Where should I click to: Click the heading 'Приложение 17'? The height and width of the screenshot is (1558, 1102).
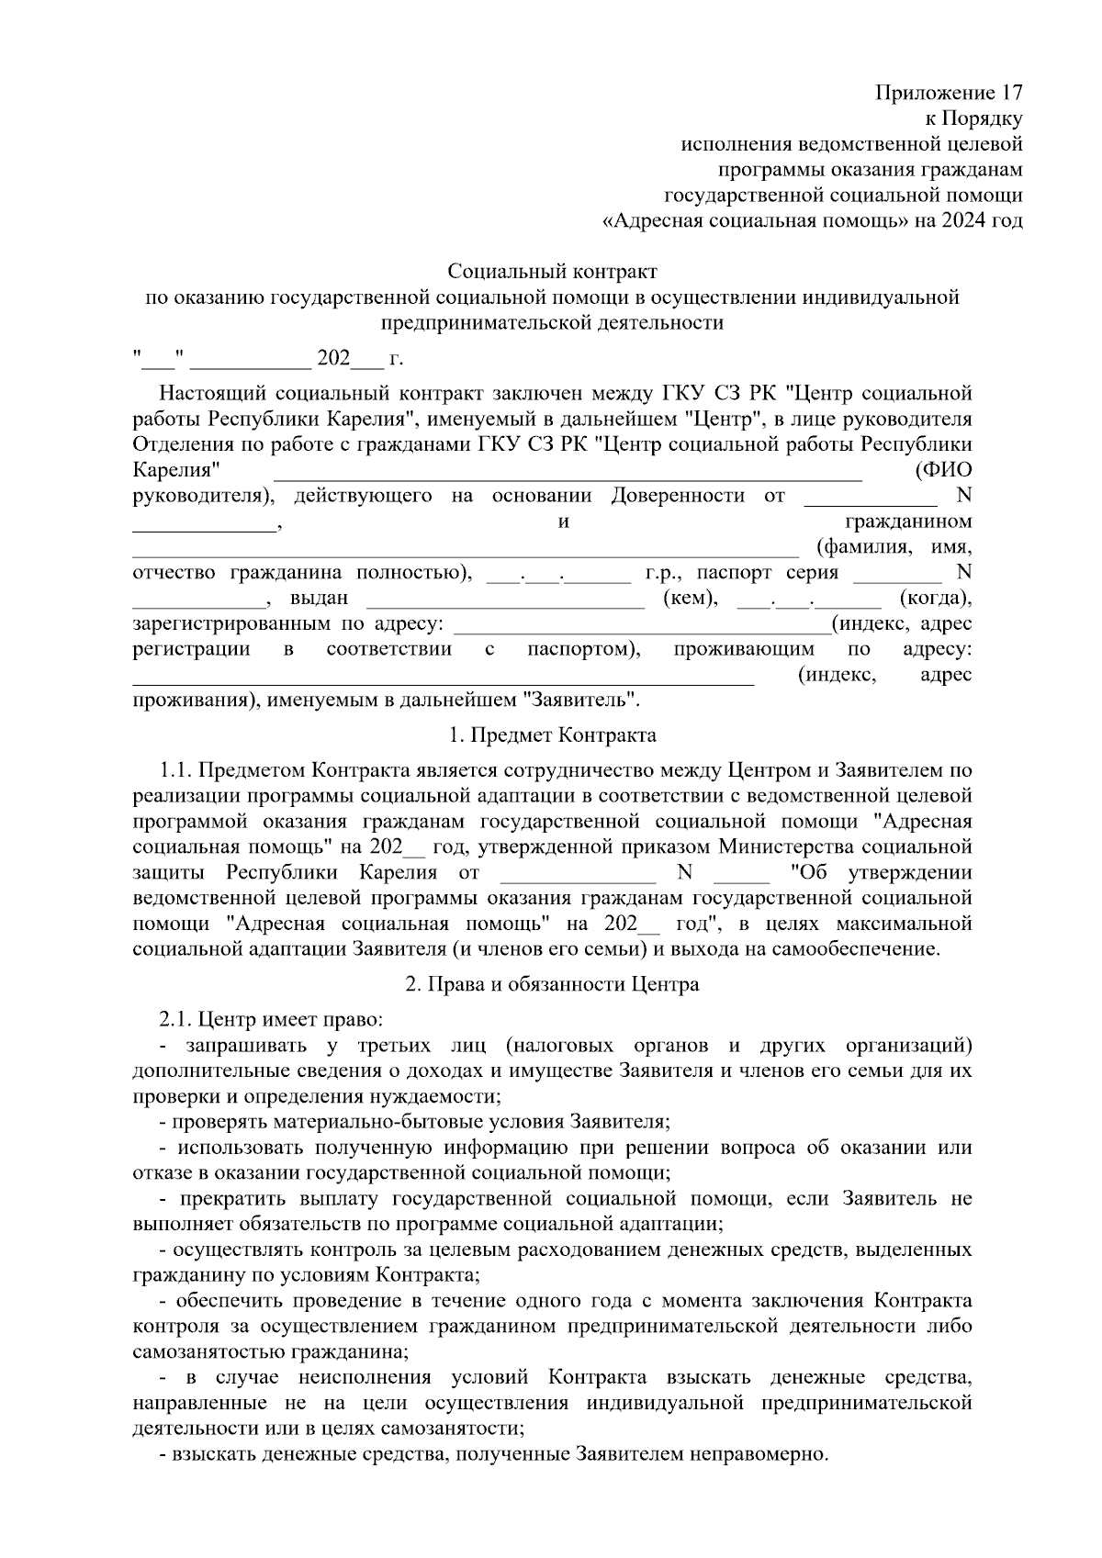pos(949,93)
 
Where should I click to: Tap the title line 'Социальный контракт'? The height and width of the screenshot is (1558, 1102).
pos(552,272)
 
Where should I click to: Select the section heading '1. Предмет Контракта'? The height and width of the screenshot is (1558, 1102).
pos(552,735)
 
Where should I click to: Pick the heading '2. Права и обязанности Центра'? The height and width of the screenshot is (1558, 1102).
pos(552,984)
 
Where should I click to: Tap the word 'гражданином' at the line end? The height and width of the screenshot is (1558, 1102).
pos(908,521)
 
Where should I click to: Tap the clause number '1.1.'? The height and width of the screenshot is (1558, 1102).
pos(174,769)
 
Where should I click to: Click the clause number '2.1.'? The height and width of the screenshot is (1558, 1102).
pos(174,1019)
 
